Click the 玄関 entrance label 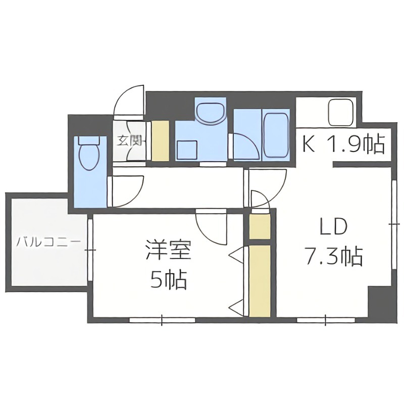pyautogui.click(x=129, y=140)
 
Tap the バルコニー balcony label pyautogui.click(x=48, y=242)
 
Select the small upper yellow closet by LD pyautogui.click(x=260, y=227)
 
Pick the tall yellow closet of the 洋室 pyautogui.click(x=260, y=281)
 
